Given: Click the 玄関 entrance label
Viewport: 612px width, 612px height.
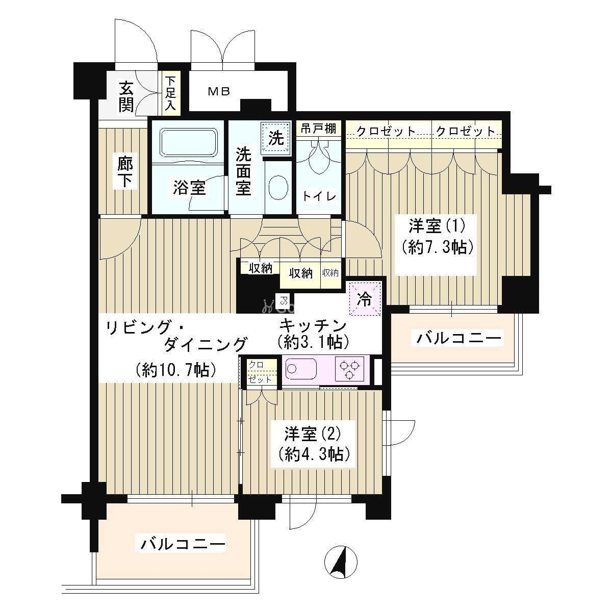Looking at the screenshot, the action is [126, 97].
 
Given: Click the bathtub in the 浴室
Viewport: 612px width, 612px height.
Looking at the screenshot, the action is [189, 142].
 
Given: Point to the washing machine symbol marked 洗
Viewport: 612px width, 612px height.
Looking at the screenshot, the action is [276, 138].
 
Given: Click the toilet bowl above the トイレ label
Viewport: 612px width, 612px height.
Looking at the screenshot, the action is [319, 158].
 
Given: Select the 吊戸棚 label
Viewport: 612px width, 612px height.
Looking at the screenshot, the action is [319, 129].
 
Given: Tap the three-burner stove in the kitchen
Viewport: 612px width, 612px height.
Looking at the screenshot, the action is [351, 370].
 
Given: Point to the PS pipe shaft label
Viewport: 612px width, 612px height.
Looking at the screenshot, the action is [283, 300].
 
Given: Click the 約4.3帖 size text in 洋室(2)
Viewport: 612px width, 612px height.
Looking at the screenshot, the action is [314, 455].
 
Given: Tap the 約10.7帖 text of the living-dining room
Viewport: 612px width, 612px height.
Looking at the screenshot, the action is [175, 370].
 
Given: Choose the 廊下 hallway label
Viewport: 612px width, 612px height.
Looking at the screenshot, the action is [125, 171].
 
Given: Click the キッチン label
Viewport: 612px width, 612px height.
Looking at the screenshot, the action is [313, 325].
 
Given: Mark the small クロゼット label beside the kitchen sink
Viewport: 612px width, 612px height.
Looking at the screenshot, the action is [260, 372].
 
